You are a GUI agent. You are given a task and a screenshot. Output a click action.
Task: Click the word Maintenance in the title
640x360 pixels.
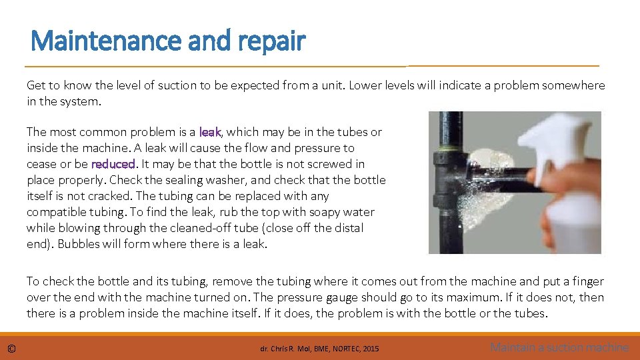pos(106,41)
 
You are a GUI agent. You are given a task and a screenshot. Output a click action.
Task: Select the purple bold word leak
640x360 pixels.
pos(210,132)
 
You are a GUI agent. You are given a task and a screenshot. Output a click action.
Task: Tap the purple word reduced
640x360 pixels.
pos(113,164)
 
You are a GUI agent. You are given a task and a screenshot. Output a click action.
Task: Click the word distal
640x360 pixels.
pos(349,228)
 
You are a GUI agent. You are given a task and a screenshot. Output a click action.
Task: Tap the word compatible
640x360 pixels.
pos(55,213)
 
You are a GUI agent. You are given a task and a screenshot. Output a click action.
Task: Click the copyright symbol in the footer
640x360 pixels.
pos(11,349)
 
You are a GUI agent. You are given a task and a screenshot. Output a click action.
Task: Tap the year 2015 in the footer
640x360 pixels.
pos(371,349)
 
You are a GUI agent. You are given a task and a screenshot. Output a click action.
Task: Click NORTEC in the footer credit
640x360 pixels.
pos(347,349)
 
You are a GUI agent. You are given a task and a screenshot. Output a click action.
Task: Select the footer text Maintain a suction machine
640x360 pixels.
pos(559,347)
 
